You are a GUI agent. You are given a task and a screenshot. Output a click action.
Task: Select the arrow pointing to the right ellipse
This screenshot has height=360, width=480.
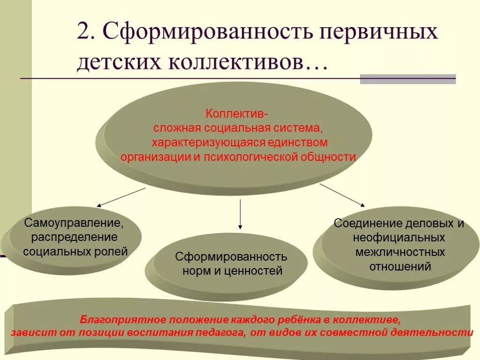point(342,195)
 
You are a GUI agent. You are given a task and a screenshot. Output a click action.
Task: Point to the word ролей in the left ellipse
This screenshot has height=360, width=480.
point(114,251)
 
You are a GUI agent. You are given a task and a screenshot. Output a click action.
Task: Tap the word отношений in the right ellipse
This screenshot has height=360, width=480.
point(400,267)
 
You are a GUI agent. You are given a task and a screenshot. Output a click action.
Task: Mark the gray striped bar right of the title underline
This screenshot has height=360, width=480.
point(408,79)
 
